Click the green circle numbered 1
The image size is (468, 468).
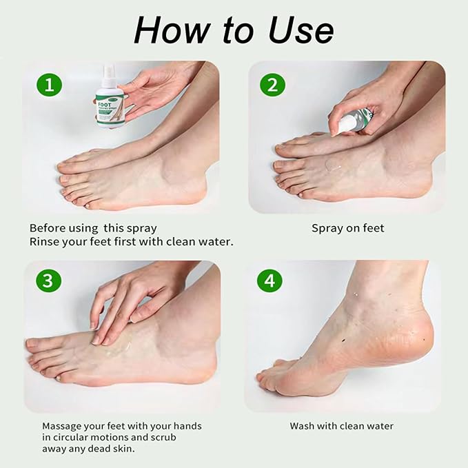pyautogui.click(x=49, y=85)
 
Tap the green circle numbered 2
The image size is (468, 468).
pyautogui.click(x=273, y=85)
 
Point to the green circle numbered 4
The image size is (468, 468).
pyautogui.click(x=270, y=281)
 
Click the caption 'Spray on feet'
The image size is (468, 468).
pyautogui.click(x=348, y=227)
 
